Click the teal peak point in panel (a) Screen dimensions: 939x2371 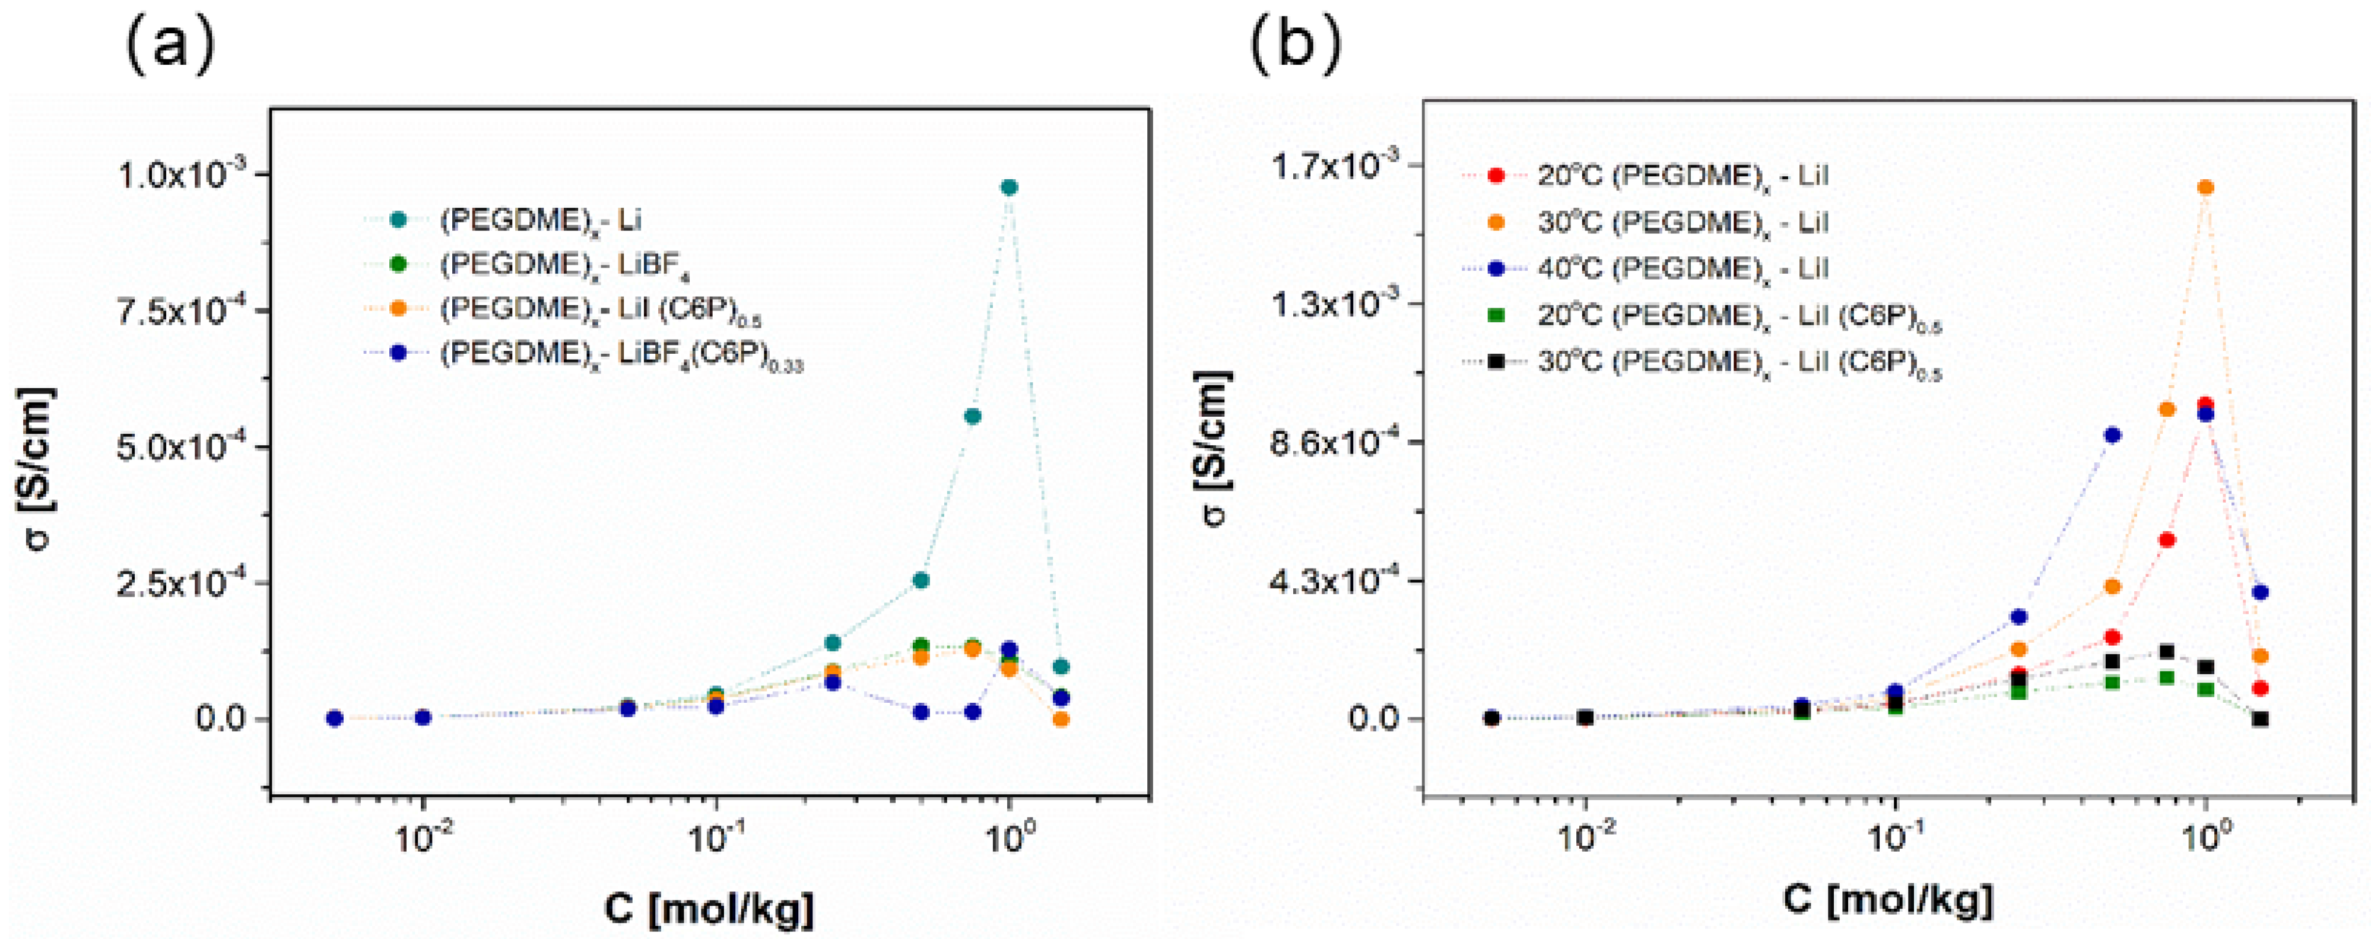tap(1009, 187)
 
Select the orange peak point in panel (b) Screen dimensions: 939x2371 tap(2205, 187)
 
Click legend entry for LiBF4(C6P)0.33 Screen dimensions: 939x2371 tap(622, 357)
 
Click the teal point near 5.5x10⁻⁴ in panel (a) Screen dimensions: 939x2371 tap(972, 416)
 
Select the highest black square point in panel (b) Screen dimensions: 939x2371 tap(2167, 652)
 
